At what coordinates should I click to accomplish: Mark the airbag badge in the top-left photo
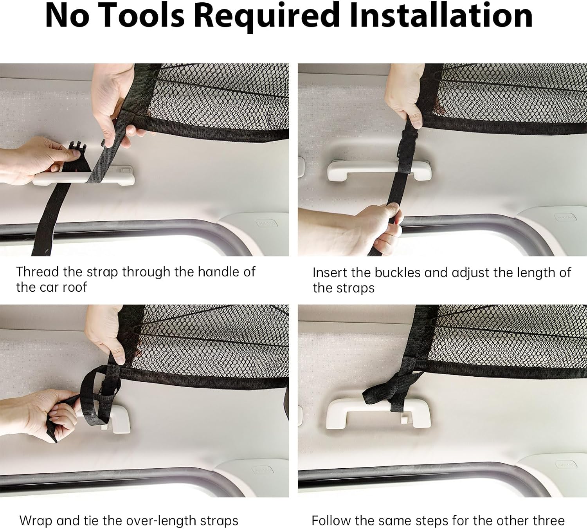(266, 223)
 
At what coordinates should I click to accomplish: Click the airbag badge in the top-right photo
(565, 217)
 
